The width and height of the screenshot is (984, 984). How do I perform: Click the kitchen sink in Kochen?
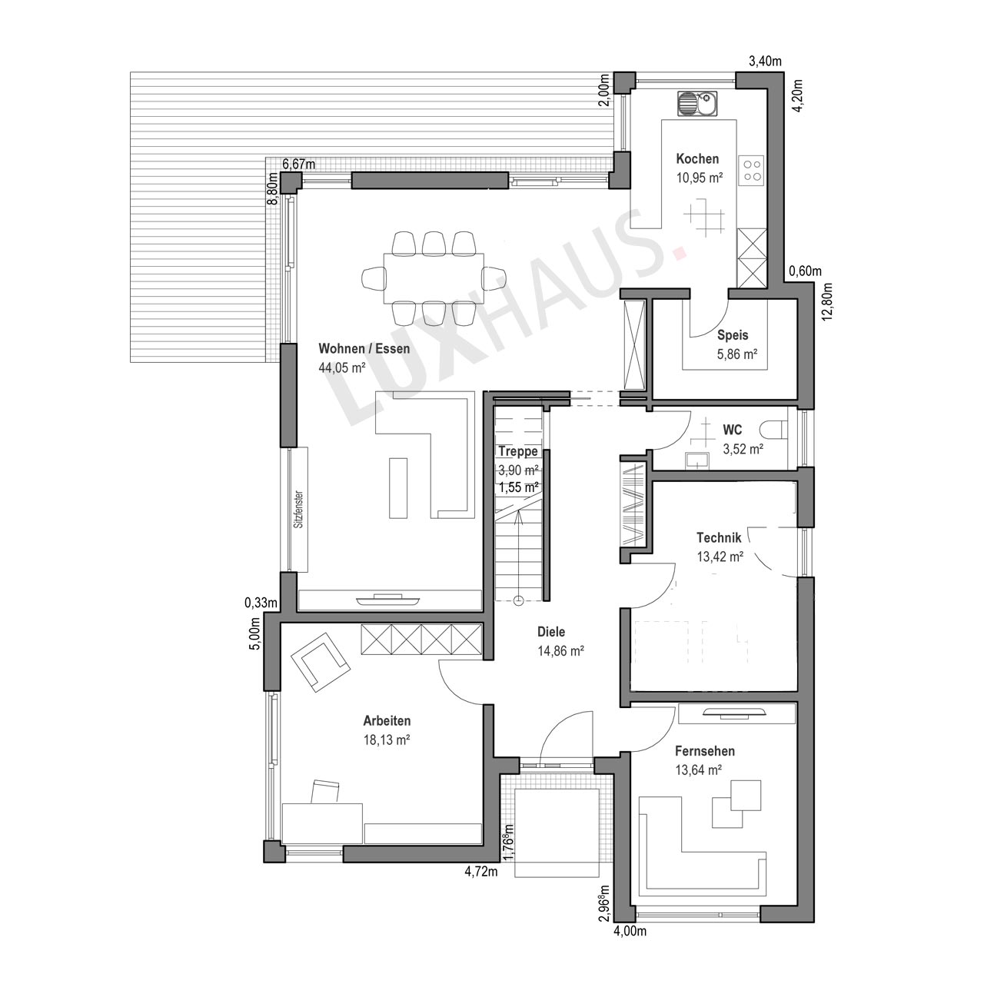697,104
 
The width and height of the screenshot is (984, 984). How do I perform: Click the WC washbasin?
696,460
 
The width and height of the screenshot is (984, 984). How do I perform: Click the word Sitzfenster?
299,509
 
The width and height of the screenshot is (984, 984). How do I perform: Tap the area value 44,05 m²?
341,367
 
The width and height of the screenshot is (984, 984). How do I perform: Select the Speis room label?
733,335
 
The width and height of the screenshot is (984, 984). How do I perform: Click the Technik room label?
719,537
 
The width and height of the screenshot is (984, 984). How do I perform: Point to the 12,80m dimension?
826,302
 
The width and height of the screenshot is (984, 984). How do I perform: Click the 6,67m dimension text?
299,164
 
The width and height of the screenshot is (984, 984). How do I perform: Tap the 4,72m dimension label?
480,873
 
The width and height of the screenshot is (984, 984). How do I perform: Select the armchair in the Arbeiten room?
320,662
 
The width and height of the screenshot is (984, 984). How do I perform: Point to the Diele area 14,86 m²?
560,651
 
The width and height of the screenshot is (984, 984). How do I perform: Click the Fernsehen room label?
705,751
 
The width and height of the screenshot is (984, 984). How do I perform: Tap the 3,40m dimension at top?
765,61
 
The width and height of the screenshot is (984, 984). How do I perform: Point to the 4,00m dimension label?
630,932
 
